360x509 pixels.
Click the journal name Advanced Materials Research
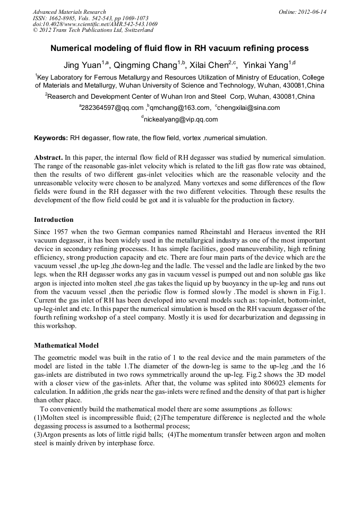coord(69,12)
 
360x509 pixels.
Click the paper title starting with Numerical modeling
coord(179,48)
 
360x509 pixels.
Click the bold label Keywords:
coord(50,138)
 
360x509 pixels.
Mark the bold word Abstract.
coord(48,158)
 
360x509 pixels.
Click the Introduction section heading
coord(54,219)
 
